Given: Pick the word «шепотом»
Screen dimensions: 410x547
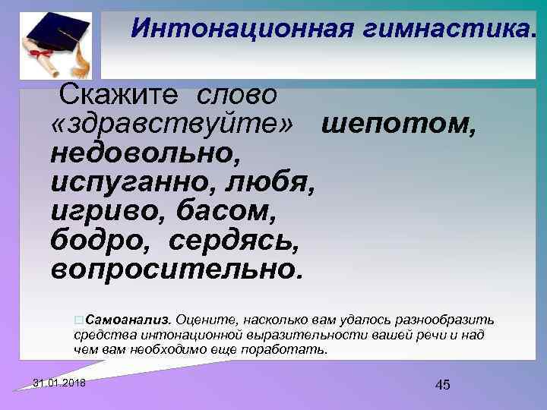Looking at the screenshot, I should click(400, 125).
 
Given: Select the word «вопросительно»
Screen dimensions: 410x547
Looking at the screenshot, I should click(175, 268).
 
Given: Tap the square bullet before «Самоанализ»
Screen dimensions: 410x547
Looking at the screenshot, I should click(80, 318).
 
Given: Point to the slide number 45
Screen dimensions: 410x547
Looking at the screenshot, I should click(443, 386).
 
